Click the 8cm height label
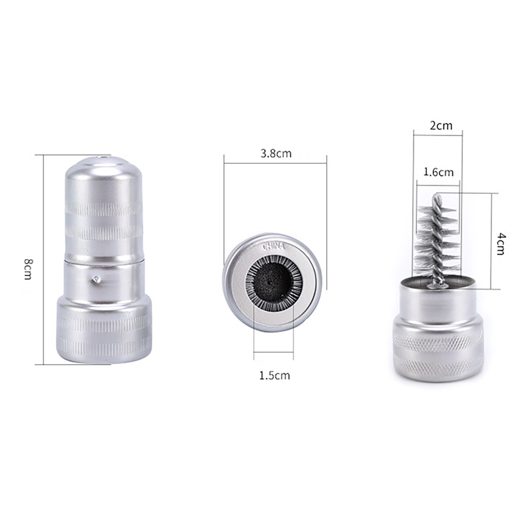pyautogui.click(x=28, y=269)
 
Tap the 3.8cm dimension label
pyautogui.click(x=276, y=153)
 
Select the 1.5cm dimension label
pyautogui.click(x=274, y=375)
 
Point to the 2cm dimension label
pyautogui.click(x=441, y=126)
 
